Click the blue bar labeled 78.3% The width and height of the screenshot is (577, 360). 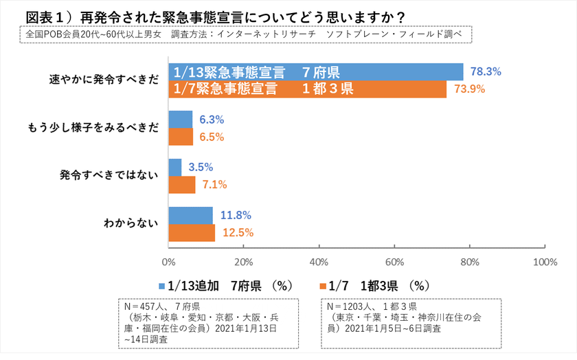coord(316,72)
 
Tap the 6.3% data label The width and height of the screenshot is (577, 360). coord(212,120)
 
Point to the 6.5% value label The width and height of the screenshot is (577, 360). coord(212,137)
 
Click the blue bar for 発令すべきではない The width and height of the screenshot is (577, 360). coord(174,167)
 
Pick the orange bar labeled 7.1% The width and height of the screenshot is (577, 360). coord(181,184)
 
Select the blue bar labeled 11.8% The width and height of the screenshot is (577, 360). coord(190,215)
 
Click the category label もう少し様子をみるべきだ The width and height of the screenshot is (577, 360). coord(93,128)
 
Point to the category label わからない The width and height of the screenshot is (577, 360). coord(131,223)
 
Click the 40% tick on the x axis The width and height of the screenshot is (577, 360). coord(319,262)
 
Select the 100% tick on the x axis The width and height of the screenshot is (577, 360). coord(544,262)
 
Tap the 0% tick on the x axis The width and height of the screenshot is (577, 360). coord(168,262)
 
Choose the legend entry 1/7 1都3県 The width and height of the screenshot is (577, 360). coord(375,286)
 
